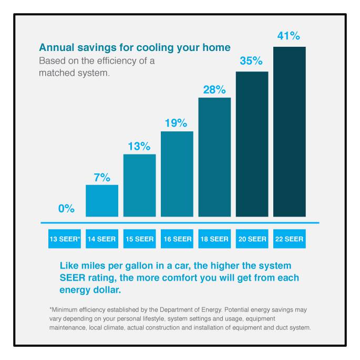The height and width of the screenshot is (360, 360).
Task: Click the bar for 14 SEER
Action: coord(102,201)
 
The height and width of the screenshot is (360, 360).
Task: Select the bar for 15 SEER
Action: coord(139,186)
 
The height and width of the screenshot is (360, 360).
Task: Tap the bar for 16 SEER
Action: coord(177,174)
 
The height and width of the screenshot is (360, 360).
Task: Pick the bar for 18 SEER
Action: coord(214,157)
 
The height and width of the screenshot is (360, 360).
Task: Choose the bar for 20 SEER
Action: coord(252,144)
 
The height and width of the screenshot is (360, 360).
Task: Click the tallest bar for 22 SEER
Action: coord(289,132)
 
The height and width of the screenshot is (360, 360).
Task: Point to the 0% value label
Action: coord(66,209)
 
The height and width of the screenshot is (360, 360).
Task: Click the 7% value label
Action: coord(102,178)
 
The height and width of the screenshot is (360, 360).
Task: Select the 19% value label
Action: coord(177,124)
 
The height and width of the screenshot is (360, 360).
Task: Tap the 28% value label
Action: coord(214,89)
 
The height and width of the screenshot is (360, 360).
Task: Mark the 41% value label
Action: coord(289,36)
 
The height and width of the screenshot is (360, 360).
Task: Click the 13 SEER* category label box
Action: coord(65,239)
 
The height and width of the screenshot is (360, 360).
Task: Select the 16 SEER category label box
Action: coord(177,239)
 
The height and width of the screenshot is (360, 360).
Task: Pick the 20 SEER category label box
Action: coord(252,239)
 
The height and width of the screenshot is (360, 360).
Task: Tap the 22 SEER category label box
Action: coord(289,239)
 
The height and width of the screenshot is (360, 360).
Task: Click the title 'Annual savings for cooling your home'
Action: coord(135,48)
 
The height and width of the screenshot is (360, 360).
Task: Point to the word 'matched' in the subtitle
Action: coord(55,73)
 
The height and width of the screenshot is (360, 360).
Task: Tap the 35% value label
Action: coord(251,60)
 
